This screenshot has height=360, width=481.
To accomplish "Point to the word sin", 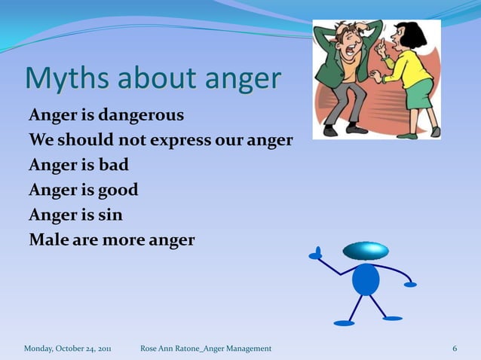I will tap(109, 215).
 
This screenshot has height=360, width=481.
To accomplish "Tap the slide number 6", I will tap(455, 349).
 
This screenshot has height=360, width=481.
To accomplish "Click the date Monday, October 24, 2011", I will tap(68, 349).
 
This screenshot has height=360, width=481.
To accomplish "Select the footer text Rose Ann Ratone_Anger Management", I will tap(206, 349).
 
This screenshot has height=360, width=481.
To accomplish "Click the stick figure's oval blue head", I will tap(366, 251).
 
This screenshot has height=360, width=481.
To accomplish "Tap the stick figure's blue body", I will tap(366, 279).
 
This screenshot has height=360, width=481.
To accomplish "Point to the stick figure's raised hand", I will tap(317, 253).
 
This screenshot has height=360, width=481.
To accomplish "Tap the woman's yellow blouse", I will tap(411, 70).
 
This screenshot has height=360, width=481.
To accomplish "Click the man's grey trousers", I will tap(348, 102).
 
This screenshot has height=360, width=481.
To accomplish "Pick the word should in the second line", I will tap(85, 141).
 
